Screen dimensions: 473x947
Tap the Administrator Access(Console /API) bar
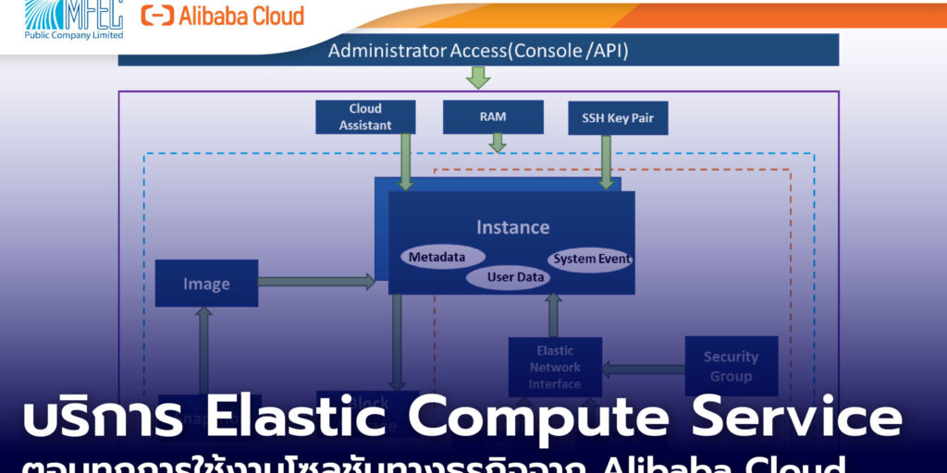click(478, 51)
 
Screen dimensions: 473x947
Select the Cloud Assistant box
click(365, 117)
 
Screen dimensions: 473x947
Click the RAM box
click(492, 117)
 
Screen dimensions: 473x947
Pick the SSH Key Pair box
click(617, 118)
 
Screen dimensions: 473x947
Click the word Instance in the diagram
click(512, 227)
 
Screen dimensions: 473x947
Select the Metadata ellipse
click(437, 257)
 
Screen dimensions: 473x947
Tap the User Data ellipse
click(518, 277)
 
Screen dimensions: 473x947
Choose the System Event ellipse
click(592, 259)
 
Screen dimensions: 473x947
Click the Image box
click(206, 284)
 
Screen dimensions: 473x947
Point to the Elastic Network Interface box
click(555, 367)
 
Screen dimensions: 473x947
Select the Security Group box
click(731, 366)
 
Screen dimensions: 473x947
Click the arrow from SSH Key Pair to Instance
click(607, 162)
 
